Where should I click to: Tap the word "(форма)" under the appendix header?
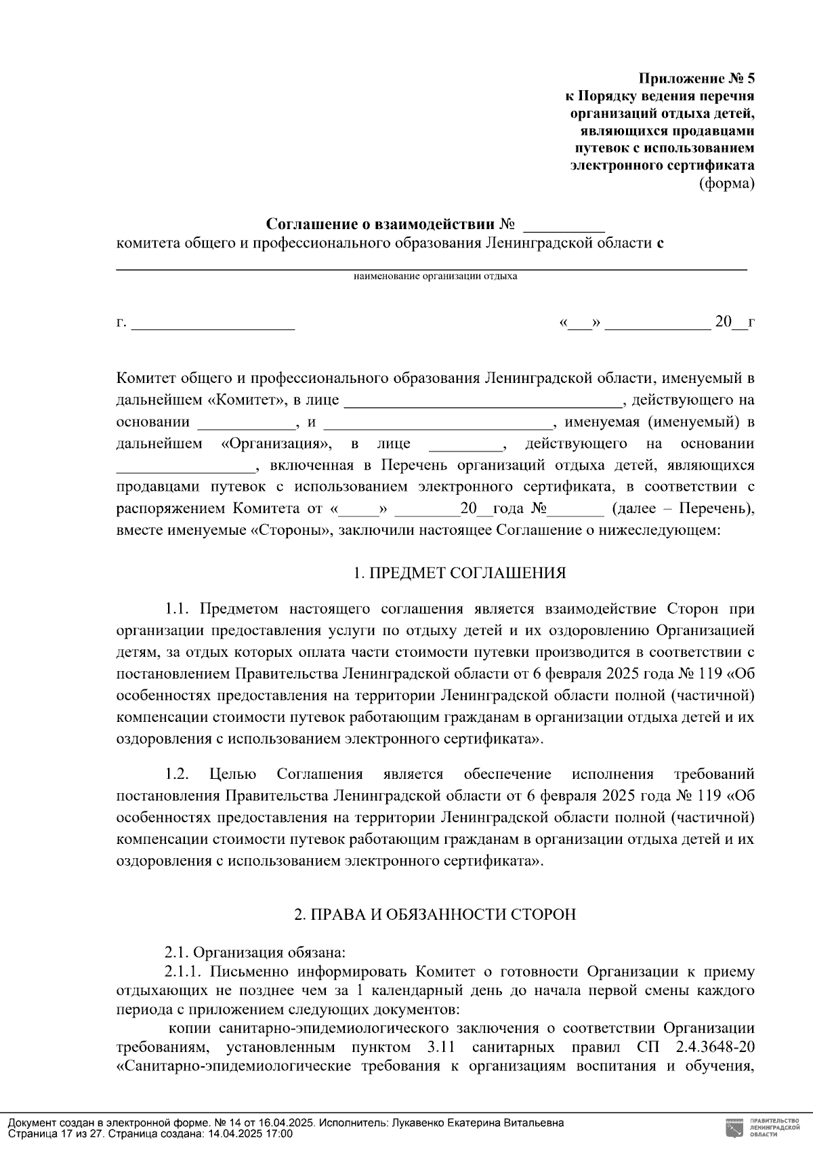click(726, 183)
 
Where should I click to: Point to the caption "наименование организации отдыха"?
click(435, 277)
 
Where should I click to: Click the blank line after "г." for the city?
click(213, 324)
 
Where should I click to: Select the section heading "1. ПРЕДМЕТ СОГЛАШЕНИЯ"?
click(459, 573)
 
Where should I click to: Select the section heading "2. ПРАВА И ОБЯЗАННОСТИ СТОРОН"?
click(434, 914)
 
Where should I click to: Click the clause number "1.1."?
click(180, 609)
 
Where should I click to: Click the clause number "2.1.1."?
click(185, 972)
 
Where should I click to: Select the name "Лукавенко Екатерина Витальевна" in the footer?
click(478, 1123)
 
